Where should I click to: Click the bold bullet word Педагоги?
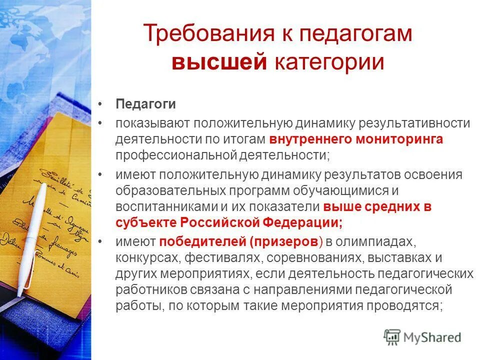(145, 104)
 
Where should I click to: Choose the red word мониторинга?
(399, 139)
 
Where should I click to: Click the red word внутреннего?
(310, 139)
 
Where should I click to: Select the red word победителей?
(202, 242)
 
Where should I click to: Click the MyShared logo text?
(433, 337)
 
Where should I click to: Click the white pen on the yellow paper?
(31, 235)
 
